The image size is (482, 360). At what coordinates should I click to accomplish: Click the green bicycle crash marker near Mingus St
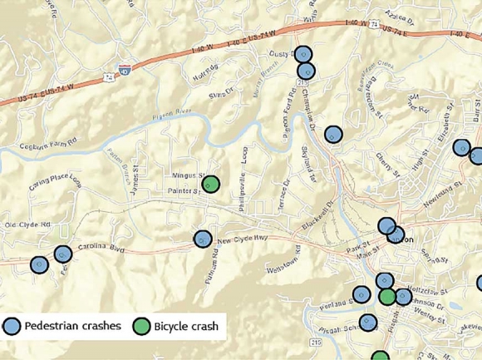[211, 183]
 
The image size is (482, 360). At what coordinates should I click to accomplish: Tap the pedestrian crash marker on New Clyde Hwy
[203, 239]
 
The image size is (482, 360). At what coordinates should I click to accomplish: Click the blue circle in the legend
[12, 326]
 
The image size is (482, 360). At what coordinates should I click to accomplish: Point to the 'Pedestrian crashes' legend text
[73, 326]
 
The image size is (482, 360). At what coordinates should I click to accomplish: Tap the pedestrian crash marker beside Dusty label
[304, 54]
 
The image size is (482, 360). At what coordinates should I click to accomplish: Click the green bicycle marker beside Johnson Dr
[387, 296]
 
